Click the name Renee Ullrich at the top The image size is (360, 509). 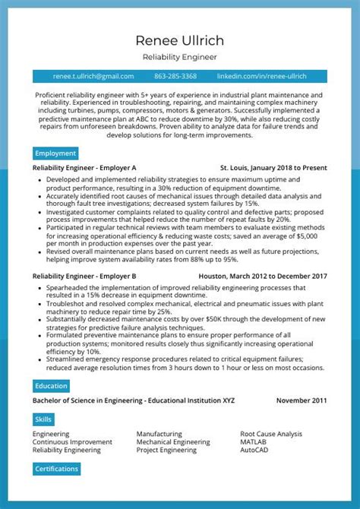(180, 40)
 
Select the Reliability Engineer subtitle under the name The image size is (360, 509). (180, 57)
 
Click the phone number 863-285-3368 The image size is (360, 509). (175, 76)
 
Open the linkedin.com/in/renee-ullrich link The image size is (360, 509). (261, 76)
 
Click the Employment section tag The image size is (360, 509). (55, 153)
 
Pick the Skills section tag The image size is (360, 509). (44, 419)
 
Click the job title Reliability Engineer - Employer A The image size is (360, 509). (84, 167)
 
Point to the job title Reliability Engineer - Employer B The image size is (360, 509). (84, 277)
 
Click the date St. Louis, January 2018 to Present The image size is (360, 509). (273, 167)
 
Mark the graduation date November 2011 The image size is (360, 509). (302, 400)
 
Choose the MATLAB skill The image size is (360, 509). (254, 442)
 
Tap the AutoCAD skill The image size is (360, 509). (254, 451)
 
